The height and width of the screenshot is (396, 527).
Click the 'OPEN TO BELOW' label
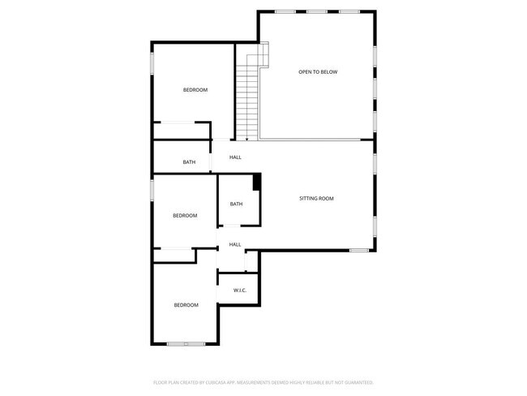[x=317, y=72]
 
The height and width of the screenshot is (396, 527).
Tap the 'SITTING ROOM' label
[x=316, y=198]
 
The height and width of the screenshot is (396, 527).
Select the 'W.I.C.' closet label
[x=239, y=291]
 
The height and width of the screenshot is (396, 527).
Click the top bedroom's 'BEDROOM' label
[x=195, y=90]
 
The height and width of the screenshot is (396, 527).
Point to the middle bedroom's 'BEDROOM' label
[x=185, y=215]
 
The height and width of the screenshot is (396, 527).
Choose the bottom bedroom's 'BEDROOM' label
[x=186, y=305]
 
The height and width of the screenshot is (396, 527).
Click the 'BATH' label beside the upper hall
[x=189, y=162]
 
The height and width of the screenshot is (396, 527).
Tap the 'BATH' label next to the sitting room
[x=236, y=204]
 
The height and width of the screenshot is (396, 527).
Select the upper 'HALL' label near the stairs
[x=235, y=157]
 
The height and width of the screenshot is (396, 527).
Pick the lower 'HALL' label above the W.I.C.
[x=235, y=244]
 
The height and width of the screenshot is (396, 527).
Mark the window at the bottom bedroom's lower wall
[x=186, y=344]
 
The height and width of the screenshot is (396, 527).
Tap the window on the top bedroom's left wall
[x=152, y=66]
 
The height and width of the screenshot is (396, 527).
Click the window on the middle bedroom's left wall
[x=152, y=190]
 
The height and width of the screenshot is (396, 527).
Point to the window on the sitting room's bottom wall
[x=359, y=250]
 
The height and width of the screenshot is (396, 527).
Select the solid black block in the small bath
[x=257, y=182]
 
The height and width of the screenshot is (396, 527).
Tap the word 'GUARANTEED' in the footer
[x=358, y=381]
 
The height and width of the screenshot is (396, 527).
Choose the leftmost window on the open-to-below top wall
[x=285, y=11]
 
